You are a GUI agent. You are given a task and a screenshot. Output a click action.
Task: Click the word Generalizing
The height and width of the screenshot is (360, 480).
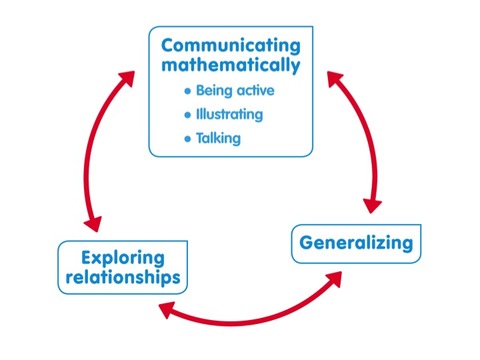[x=356, y=243]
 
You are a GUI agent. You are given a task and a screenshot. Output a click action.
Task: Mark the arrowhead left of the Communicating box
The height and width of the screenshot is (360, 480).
[x=128, y=78]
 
